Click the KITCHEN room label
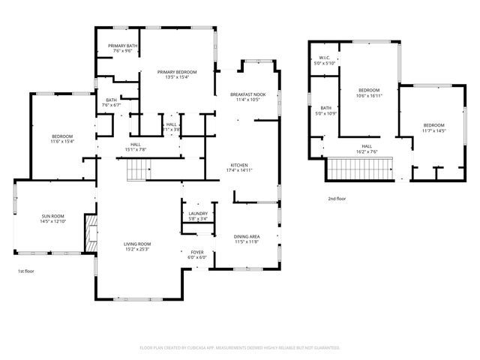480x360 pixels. [x=239, y=165]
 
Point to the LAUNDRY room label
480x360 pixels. [x=198, y=214]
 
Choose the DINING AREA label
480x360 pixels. [x=247, y=236]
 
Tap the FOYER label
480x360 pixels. [x=196, y=252]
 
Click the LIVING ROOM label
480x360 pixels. [x=138, y=244]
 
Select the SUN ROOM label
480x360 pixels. [x=52, y=217]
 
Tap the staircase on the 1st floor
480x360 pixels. [x=136, y=172]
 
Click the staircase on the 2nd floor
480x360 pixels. [x=359, y=172]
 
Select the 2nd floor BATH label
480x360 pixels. [x=326, y=108]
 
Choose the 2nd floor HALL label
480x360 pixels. [x=367, y=146]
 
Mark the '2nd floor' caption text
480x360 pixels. [x=337, y=199]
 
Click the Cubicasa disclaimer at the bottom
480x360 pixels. [x=240, y=347]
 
